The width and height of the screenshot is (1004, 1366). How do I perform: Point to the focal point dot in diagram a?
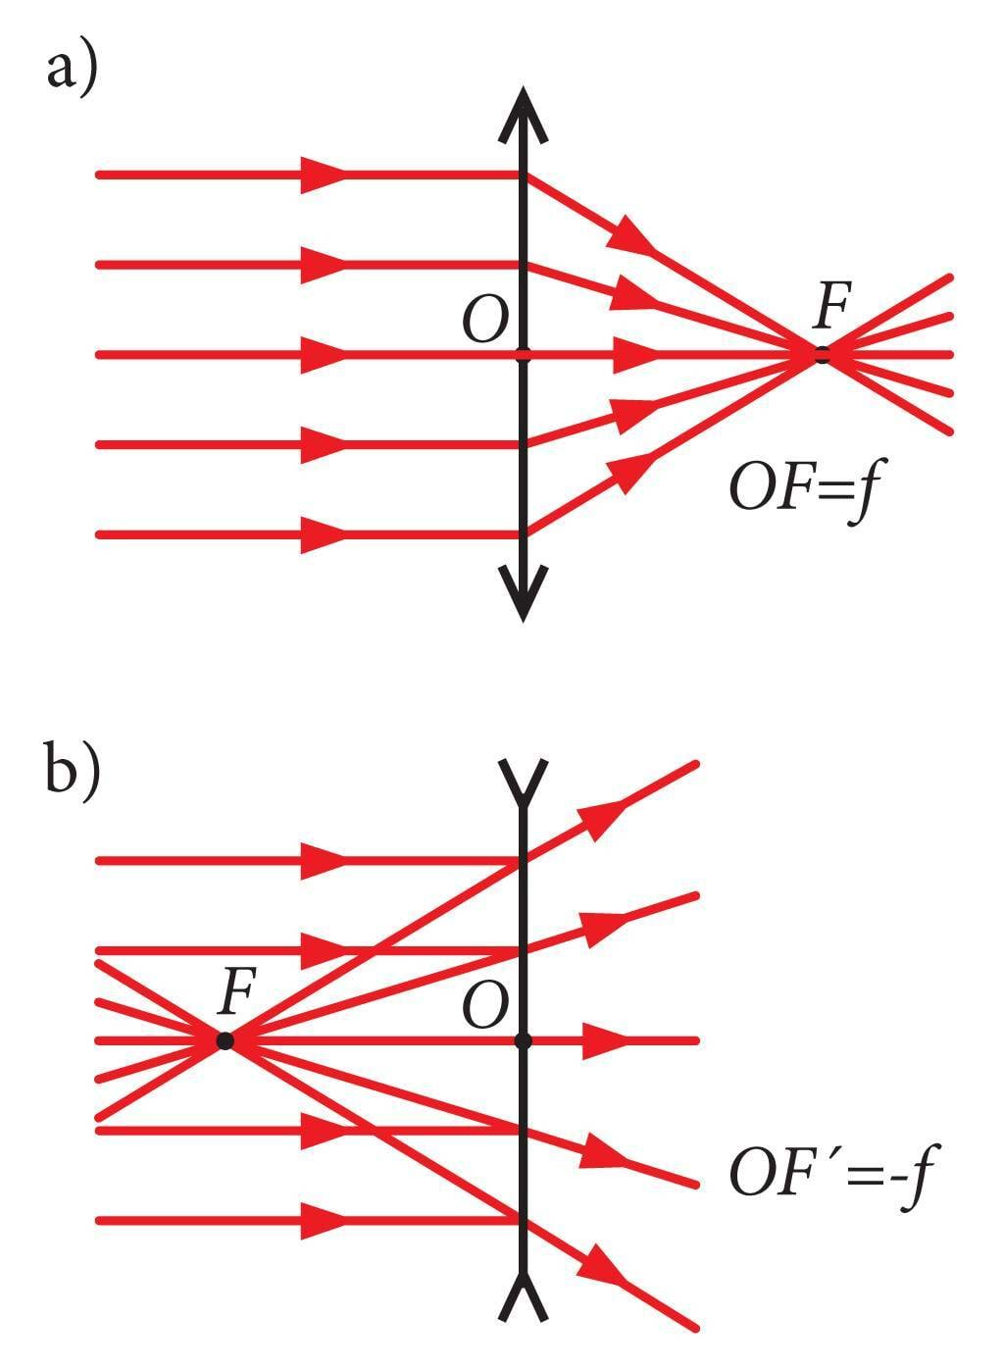822,354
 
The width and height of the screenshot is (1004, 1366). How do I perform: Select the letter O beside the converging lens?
484,321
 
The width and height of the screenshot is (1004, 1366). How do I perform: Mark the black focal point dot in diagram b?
226,1040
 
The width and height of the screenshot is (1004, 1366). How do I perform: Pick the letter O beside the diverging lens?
484,1007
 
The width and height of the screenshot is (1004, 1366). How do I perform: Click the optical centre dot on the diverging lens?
523,1040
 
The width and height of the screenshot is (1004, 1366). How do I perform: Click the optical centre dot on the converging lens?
523,354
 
